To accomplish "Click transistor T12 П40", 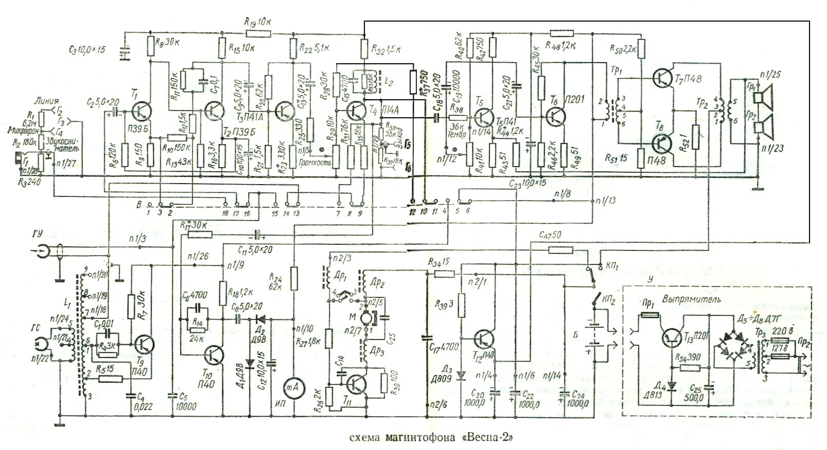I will click(484, 338).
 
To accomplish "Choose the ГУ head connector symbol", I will click(44, 250).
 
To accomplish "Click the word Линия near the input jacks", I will click(45, 101).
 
